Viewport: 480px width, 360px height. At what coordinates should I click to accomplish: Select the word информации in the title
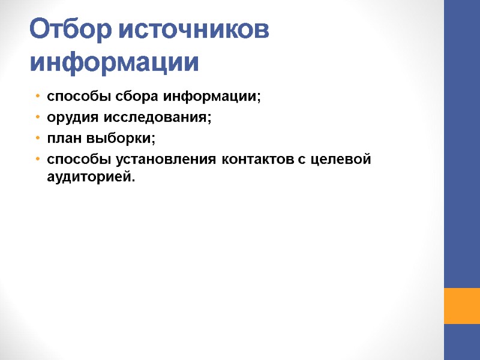(114, 62)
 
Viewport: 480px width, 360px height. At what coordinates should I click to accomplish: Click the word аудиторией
(91, 177)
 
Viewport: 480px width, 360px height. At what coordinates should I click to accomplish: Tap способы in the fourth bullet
(76, 160)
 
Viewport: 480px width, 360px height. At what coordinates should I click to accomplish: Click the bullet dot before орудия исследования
(37, 118)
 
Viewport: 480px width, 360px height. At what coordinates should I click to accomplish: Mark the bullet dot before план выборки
(37, 139)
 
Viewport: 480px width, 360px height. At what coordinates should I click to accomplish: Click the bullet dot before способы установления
(37, 160)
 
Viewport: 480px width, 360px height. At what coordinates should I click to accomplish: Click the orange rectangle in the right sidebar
(461, 305)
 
